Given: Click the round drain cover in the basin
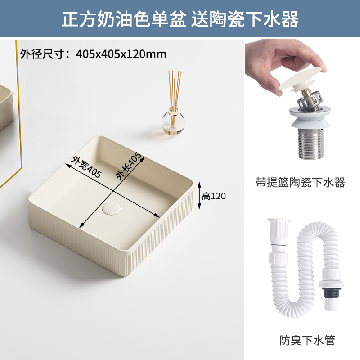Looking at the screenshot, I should (x=109, y=209).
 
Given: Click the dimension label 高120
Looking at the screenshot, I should (x=213, y=196).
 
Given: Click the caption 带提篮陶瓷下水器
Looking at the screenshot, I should (x=301, y=182).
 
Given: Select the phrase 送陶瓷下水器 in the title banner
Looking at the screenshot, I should (x=245, y=19).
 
